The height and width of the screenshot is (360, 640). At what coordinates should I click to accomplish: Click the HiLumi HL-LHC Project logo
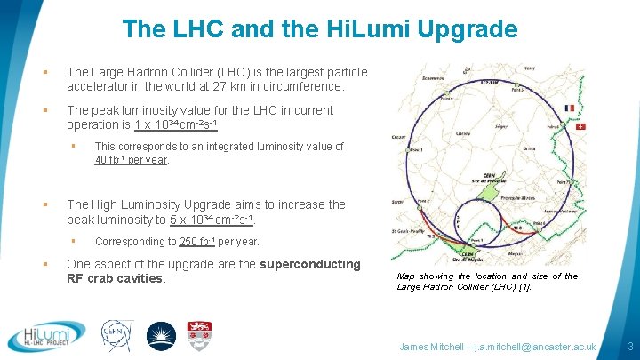pyautogui.click(x=45, y=335)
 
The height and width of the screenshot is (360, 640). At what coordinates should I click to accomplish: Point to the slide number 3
pyautogui.click(x=629, y=346)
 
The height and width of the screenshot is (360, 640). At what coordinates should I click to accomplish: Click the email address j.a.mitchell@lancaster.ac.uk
pyautogui.click(x=532, y=346)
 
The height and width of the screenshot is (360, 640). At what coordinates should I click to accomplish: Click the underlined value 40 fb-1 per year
pyautogui.click(x=132, y=161)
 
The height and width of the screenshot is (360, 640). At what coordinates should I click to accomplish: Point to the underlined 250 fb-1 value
pyautogui.click(x=197, y=241)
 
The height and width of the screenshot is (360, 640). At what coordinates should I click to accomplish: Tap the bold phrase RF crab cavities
pyautogui.click(x=116, y=278)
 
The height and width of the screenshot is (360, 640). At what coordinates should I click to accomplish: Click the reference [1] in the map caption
pyautogui.click(x=523, y=287)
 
